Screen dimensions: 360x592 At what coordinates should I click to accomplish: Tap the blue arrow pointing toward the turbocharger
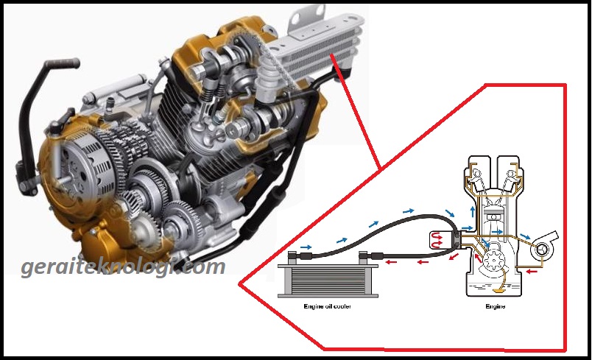pyautogui.click(x=525, y=236)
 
